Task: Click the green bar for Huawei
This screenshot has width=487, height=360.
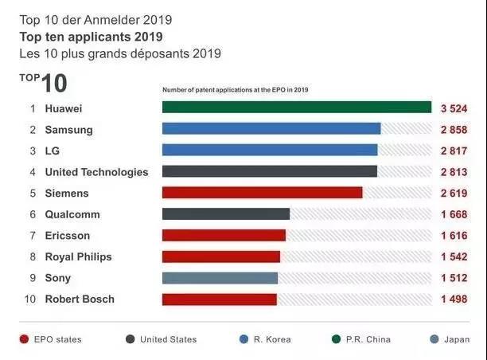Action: (x=296, y=108)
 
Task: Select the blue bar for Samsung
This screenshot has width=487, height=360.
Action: (x=271, y=129)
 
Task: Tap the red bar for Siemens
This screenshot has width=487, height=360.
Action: (x=262, y=193)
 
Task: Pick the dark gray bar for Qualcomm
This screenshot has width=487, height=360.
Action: (x=226, y=214)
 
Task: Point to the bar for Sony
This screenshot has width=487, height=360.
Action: (x=220, y=278)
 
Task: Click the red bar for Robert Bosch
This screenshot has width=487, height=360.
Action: (x=219, y=299)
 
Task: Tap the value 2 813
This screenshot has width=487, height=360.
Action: (x=454, y=172)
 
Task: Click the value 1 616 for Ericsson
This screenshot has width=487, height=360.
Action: (x=454, y=236)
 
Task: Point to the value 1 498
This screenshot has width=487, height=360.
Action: (x=454, y=299)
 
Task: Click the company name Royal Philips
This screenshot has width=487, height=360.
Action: (x=78, y=256)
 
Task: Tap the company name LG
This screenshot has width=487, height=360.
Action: (x=53, y=151)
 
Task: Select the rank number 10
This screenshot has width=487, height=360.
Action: (x=30, y=299)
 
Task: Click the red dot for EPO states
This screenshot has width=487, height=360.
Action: (x=24, y=339)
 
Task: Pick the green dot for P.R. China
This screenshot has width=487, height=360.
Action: (x=337, y=339)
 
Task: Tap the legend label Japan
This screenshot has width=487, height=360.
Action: (x=457, y=339)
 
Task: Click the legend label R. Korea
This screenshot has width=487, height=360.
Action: (x=272, y=339)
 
